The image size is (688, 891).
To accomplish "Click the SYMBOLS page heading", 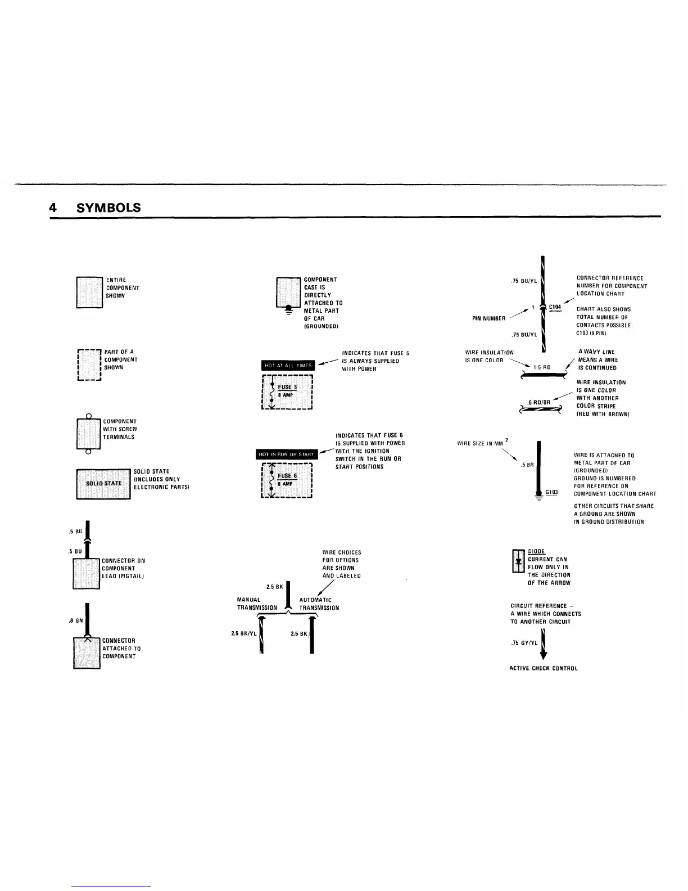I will click(x=108, y=208).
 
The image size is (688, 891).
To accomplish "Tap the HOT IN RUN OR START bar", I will click(x=287, y=454).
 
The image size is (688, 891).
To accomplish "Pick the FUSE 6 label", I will click(x=287, y=476).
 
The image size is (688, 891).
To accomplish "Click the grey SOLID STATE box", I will click(x=103, y=483).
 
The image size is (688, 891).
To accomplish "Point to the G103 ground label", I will click(x=551, y=492).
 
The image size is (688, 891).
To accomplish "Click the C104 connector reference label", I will click(x=555, y=307).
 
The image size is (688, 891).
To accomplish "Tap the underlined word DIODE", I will click(x=536, y=552).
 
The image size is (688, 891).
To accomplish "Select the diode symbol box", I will click(x=518, y=561).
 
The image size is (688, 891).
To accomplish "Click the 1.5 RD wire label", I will click(x=541, y=367).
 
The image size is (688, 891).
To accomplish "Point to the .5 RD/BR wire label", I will click(x=538, y=402).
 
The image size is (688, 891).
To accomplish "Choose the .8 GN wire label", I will click(x=75, y=621).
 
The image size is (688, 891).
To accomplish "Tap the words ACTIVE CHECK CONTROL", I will click(x=543, y=668).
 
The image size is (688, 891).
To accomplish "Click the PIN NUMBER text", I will click(x=488, y=318).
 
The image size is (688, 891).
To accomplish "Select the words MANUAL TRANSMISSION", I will click(x=257, y=604).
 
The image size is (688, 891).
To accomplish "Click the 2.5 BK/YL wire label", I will click(x=243, y=633).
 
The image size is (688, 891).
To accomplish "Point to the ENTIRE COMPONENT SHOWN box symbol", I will click(x=89, y=292).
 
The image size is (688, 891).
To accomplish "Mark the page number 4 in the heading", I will click(x=52, y=208).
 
